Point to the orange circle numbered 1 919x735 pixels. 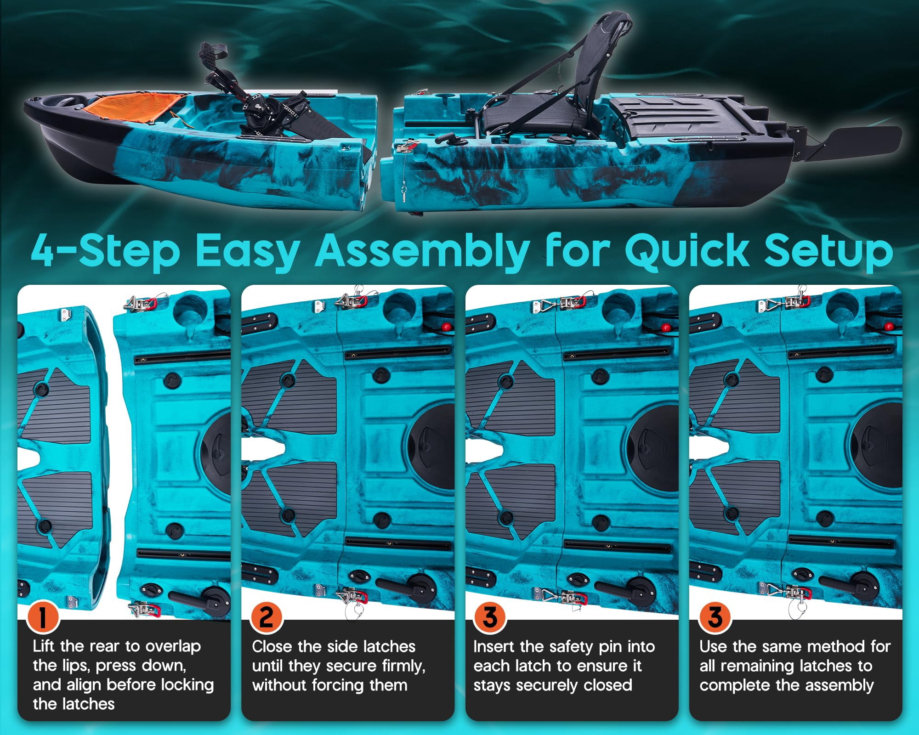(x=43, y=617)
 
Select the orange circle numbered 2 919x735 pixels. (x=267, y=617)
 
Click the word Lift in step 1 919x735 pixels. (x=44, y=646)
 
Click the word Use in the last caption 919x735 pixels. (x=714, y=646)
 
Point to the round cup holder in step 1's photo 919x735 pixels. (x=192, y=305)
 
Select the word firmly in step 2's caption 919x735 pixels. (x=400, y=666)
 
